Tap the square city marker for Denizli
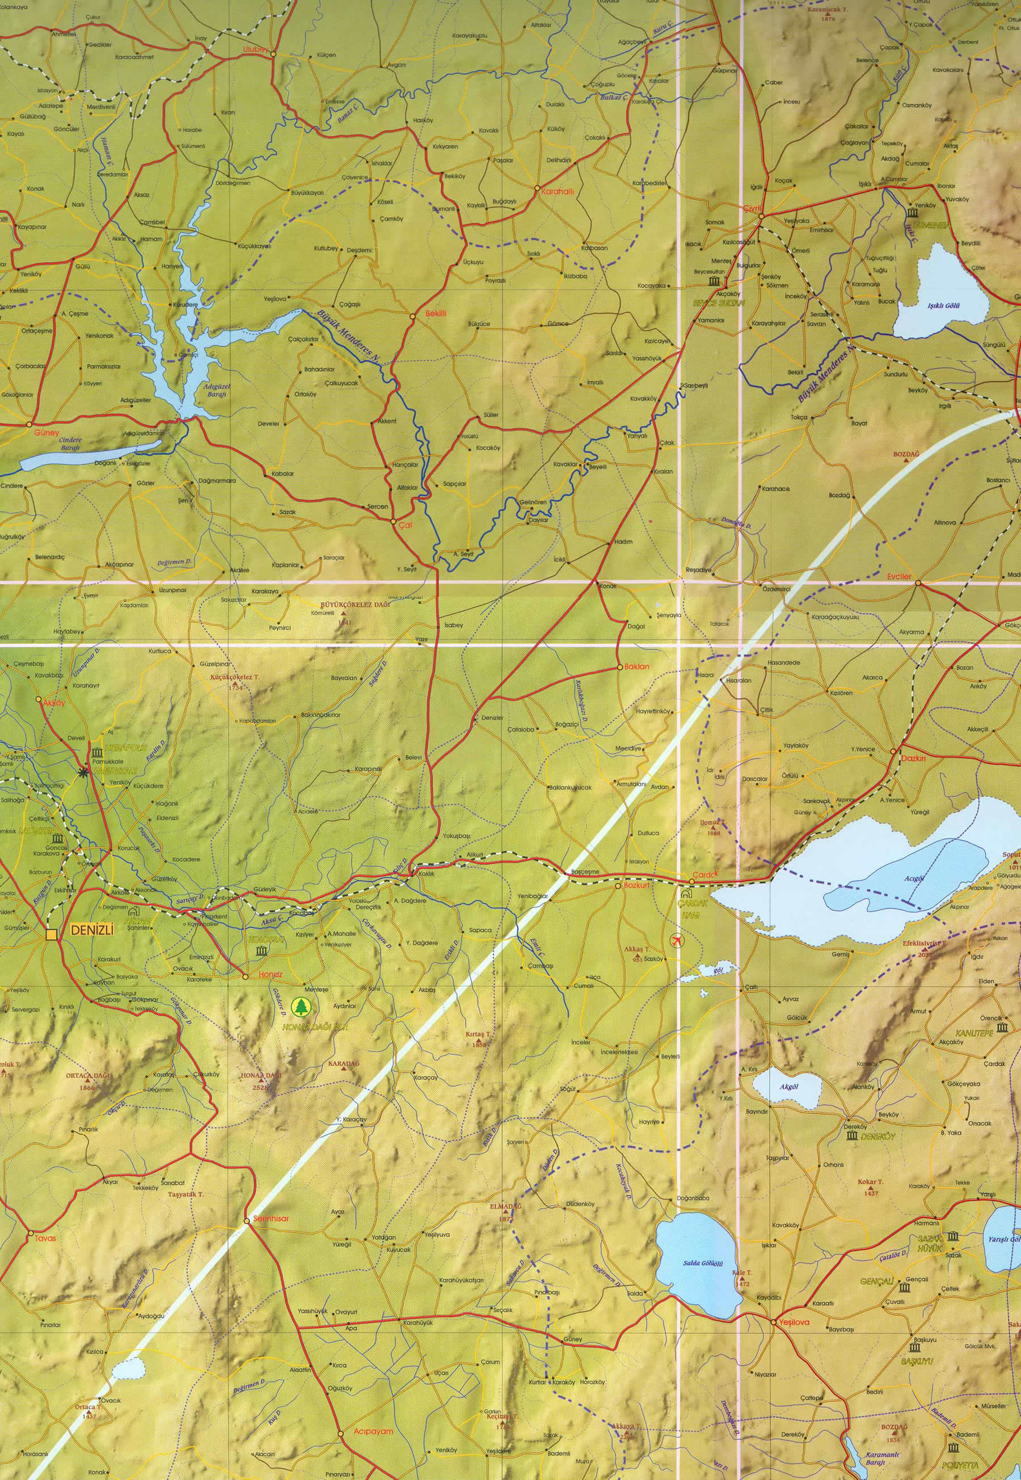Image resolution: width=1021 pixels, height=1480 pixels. [x=52, y=935]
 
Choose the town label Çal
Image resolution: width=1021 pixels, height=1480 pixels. [x=405, y=525]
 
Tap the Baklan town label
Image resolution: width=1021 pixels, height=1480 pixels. [x=637, y=666]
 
